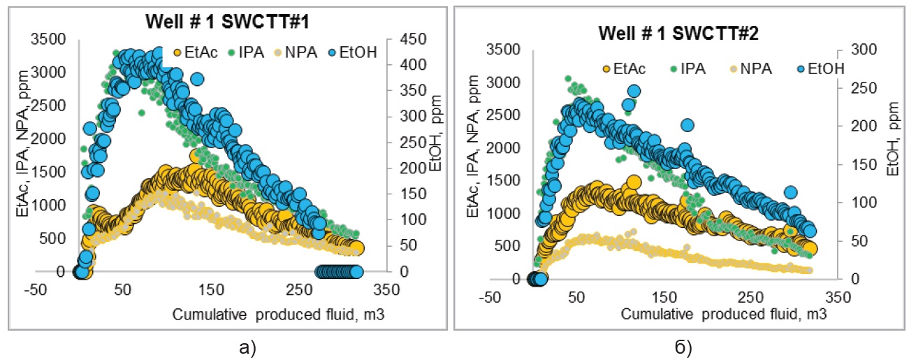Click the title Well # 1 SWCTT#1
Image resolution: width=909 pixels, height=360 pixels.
pyautogui.click(x=227, y=21)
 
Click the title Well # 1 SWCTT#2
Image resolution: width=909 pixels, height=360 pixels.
pyautogui.click(x=678, y=33)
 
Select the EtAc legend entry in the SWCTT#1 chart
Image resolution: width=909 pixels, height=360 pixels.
pyautogui.click(x=196, y=52)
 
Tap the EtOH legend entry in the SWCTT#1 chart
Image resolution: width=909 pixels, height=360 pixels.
pyautogui.click(x=353, y=52)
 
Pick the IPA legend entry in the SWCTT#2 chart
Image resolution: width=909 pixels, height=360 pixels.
pyautogui.click(x=689, y=69)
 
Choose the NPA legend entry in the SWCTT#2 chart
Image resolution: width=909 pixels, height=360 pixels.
pyautogui.click(x=751, y=69)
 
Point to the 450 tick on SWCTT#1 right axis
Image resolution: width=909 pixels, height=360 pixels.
pyautogui.click(x=413, y=39)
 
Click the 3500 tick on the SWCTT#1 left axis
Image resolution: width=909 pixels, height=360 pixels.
pyautogui.click(x=48, y=39)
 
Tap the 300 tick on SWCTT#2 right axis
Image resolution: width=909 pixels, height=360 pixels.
pyautogui.click(x=864, y=50)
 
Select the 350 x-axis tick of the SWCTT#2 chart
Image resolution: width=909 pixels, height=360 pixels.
pyautogui.click(x=837, y=297)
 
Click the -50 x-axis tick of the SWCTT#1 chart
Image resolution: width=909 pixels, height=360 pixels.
pyautogui.click(x=36, y=290)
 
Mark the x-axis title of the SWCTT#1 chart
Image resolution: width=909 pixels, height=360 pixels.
pyautogui.click(x=278, y=314)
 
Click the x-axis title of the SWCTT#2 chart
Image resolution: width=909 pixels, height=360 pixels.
pyautogui.click(x=724, y=314)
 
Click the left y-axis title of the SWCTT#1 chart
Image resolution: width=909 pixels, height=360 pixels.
pyautogui.click(x=23, y=143)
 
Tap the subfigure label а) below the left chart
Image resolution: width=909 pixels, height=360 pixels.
pyautogui.click(x=247, y=348)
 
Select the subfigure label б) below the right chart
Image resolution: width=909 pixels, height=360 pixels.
pyautogui.click(x=683, y=348)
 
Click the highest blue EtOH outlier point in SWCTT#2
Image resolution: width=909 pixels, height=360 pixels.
pyautogui.click(x=634, y=92)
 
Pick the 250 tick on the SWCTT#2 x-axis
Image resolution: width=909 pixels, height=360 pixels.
pyautogui.click(x=750, y=297)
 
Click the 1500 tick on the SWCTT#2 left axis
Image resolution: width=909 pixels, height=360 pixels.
pyautogui.click(x=503, y=180)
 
